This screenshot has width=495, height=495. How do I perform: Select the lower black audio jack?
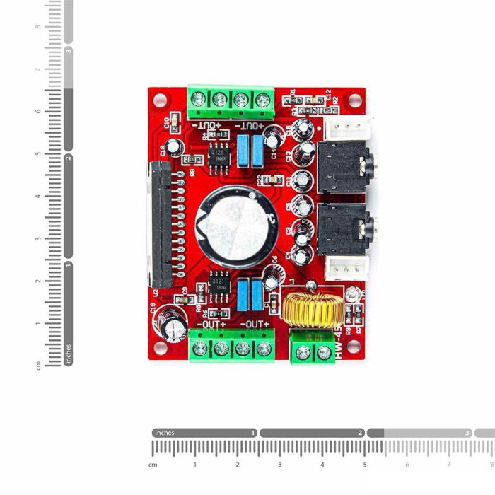(x=345, y=231)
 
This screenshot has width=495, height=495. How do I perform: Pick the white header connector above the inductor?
(x=346, y=267)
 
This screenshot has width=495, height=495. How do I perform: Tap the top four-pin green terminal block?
(x=231, y=101)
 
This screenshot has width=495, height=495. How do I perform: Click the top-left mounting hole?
(x=159, y=99)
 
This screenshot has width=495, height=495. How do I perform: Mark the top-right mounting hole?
(x=354, y=99)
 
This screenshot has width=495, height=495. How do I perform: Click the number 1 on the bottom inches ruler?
(x=253, y=433)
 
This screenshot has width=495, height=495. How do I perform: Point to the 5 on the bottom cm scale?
(x=365, y=465)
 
